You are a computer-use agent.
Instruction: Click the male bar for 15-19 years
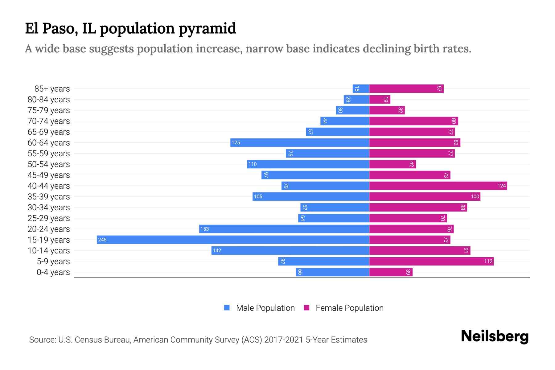point(233,240)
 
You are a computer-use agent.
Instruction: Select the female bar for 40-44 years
point(438,186)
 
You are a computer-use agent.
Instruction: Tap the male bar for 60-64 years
point(300,142)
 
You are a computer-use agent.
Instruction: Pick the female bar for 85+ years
point(406,89)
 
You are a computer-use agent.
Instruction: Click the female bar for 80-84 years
point(380,100)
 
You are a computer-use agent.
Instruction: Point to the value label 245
point(102,240)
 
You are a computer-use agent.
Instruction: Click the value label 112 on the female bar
point(488,261)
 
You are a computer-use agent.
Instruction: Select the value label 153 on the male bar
point(204,229)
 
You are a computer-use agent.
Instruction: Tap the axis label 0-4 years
point(53,272)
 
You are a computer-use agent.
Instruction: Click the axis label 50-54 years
point(49,164)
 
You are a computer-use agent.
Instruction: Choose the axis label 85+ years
point(52,89)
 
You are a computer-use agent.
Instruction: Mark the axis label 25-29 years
point(49,218)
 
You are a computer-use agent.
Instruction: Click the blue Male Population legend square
point(227,308)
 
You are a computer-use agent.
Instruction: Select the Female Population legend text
point(349,308)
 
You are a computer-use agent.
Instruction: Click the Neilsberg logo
point(495,336)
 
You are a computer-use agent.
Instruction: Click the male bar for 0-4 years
point(332,272)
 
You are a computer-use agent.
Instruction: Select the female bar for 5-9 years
point(431,261)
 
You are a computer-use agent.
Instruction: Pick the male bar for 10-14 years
point(290,250)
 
